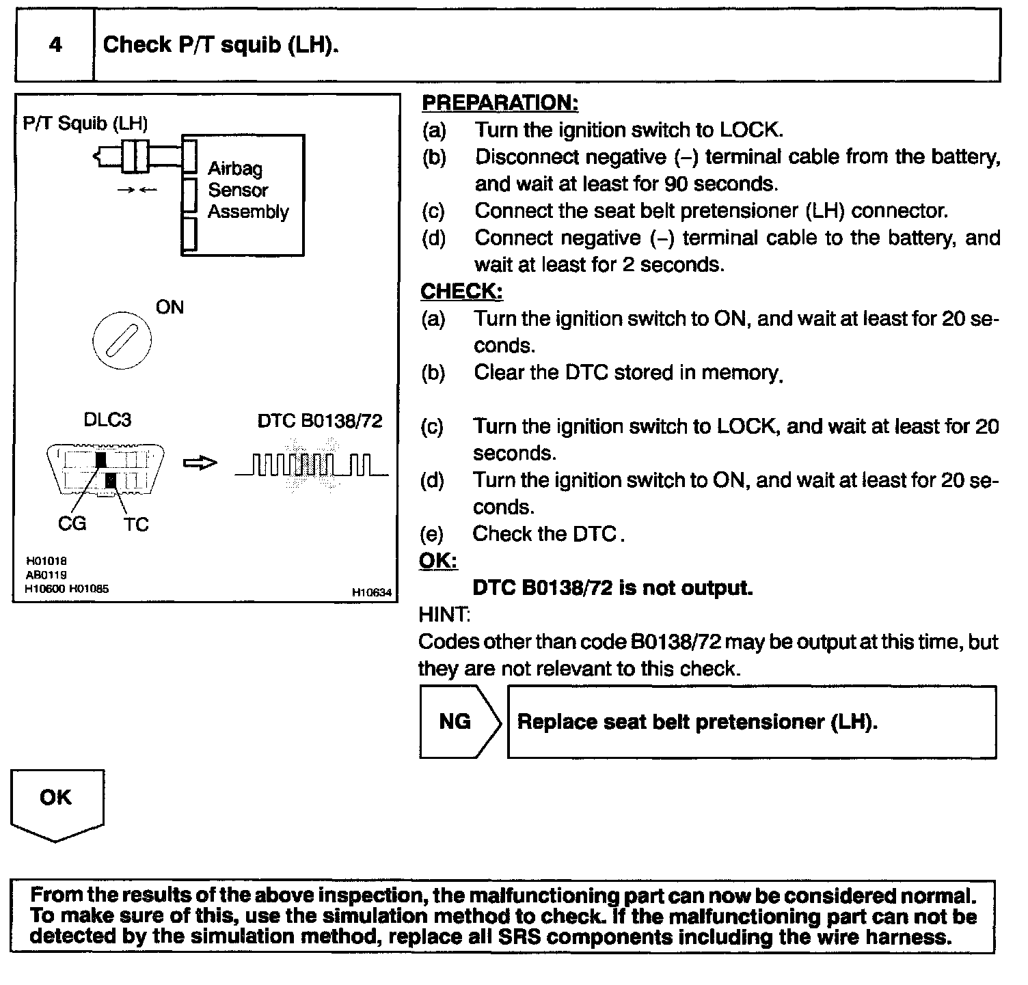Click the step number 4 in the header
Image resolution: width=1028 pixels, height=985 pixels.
[55, 45]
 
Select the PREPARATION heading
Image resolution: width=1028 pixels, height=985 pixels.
[500, 103]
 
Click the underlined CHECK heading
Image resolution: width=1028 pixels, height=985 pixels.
[461, 292]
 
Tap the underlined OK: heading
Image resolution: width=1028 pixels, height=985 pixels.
[437, 561]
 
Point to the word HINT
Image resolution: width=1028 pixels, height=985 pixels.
[443, 615]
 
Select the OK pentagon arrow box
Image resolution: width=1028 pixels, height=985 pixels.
[57, 803]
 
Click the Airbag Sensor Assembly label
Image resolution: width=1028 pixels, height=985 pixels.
[248, 190]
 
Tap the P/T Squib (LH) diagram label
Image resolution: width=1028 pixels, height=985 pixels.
[85, 123]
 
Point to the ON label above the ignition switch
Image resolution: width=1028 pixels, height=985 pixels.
[170, 307]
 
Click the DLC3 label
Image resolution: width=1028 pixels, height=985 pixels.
[107, 420]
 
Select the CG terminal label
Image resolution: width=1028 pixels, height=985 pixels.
[72, 523]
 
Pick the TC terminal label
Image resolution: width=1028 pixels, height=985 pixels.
[136, 525]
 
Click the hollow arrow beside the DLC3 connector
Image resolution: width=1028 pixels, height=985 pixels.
[200, 463]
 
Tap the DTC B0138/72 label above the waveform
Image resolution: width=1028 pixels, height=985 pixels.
[319, 421]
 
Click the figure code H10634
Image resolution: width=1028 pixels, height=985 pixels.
[372, 593]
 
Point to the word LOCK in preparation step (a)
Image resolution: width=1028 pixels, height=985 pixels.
[748, 130]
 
